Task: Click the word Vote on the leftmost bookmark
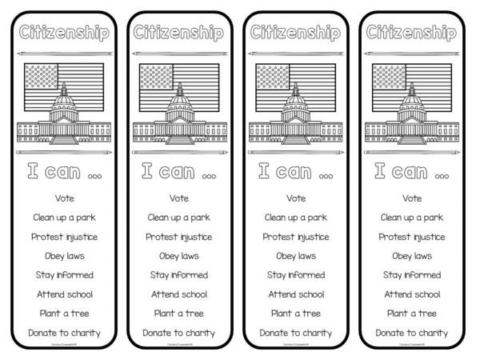click(65, 198)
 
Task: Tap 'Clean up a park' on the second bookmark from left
click(181, 217)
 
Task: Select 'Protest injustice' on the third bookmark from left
click(296, 236)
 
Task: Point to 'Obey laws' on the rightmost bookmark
click(411, 255)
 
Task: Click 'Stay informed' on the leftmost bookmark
click(65, 274)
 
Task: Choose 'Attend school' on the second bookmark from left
click(181, 294)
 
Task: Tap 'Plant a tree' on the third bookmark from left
click(296, 313)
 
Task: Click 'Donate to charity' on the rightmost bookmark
click(411, 332)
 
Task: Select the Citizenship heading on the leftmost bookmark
click(65, 33)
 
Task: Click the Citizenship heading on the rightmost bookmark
click(411, 33)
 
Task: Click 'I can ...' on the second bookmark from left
click(181, 171)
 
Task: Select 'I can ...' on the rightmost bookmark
click(411, 171)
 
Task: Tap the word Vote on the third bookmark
click(296, 198)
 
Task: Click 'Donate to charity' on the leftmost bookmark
click(65, 332)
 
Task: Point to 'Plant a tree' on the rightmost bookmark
click(411, 313)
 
